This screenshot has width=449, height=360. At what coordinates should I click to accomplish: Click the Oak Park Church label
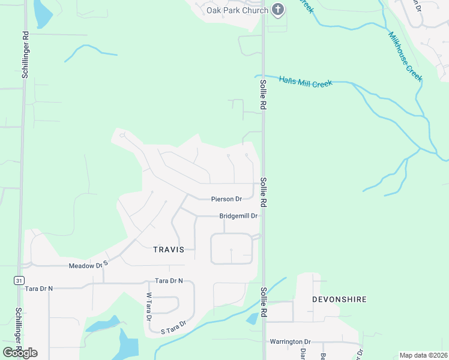click(x=237, y=10)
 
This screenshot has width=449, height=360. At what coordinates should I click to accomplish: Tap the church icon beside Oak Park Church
click(x=277, y=10)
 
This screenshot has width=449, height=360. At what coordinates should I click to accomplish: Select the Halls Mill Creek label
click(x=306, y=82)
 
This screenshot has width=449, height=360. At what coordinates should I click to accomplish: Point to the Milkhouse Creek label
click(x=406, y=57)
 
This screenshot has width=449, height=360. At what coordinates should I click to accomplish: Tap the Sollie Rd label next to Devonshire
click(x=263, y=304)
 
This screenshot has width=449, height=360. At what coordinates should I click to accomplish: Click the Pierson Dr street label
click(x=226, y=199)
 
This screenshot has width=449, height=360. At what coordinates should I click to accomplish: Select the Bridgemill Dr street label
click(x=238, y=216)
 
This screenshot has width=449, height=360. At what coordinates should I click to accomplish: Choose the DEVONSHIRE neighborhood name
click(x=339, y=299)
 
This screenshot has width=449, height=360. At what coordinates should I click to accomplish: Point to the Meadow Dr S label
click(x=88, y=265)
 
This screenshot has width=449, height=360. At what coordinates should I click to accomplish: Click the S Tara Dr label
click(x=173, y=327)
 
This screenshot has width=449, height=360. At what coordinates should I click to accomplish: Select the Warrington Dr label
click(x=289, y=341)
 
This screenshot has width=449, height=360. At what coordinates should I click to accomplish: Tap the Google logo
click(x=20, y=352)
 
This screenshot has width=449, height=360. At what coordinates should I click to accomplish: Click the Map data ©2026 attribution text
click(x=423, y=355)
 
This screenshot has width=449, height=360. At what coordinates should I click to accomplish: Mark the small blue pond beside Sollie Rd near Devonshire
click(x=253, y=319)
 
